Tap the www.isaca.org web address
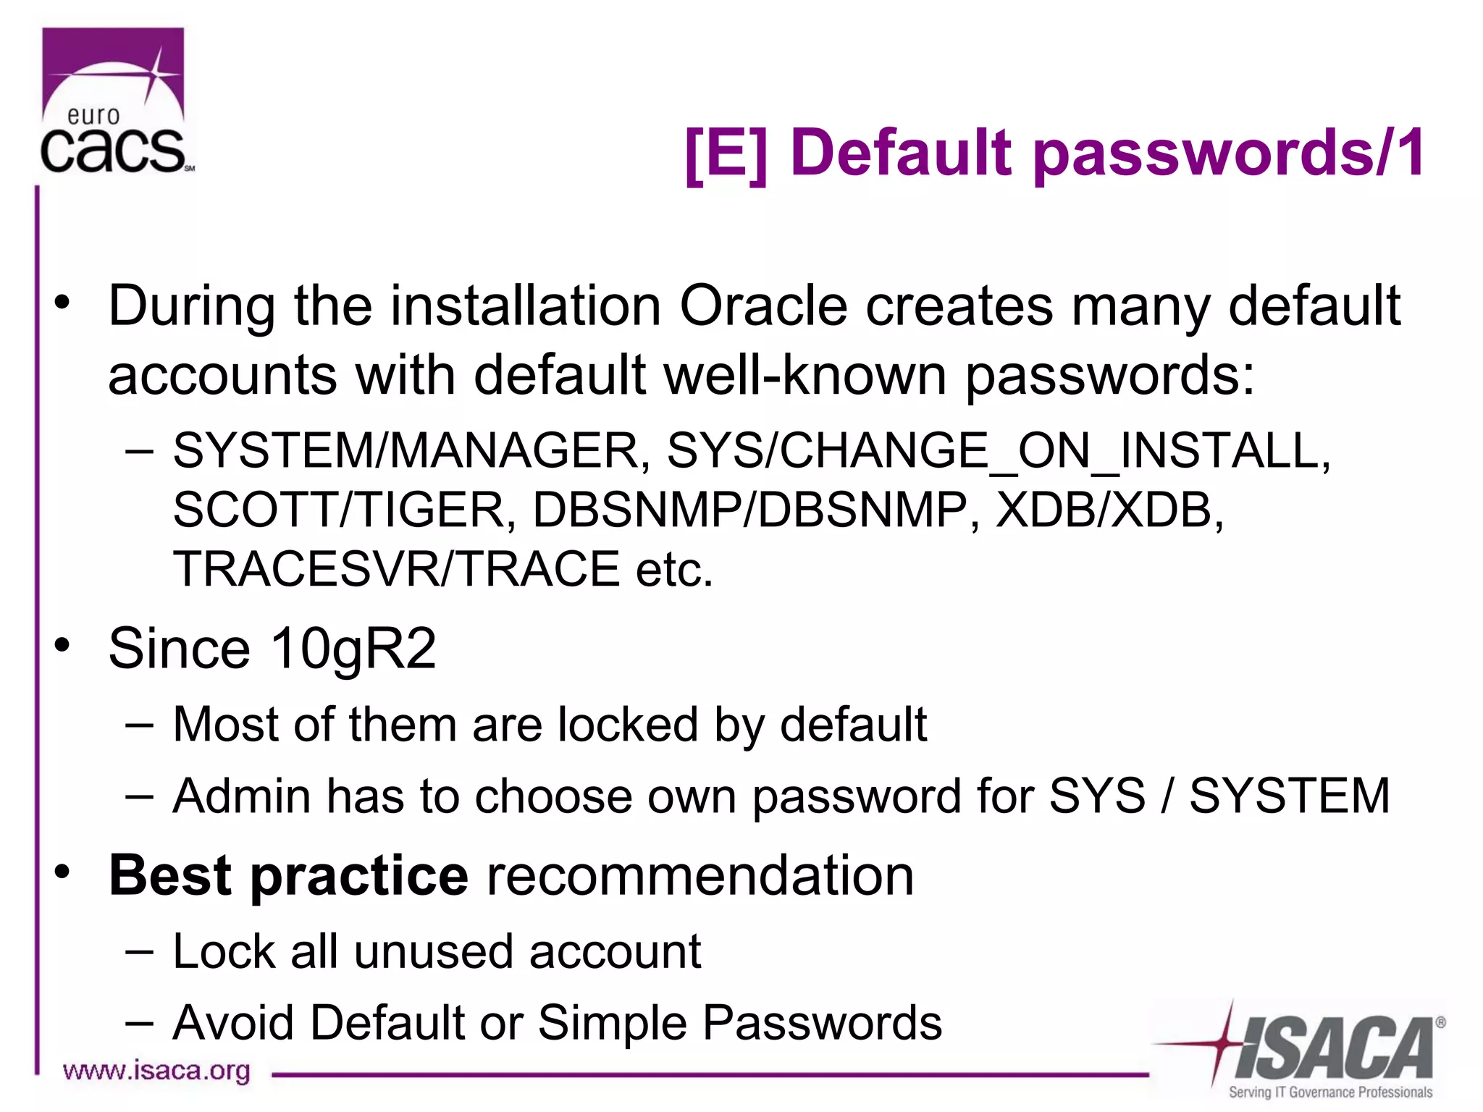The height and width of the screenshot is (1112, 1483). click(x=156, y=1071)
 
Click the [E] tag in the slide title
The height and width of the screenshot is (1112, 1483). click(x=726, y=153)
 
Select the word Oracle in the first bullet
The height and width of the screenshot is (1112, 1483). click(x=763, y=306)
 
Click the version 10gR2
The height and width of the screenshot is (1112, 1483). click(x=353, y=648)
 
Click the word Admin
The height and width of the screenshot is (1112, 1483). click(x=241, y=796)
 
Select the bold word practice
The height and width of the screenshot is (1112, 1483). click(x=359, y=876)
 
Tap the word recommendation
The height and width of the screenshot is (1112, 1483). click(x=700, y=876)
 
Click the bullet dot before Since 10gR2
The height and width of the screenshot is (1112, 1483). click(x=63, y=644)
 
